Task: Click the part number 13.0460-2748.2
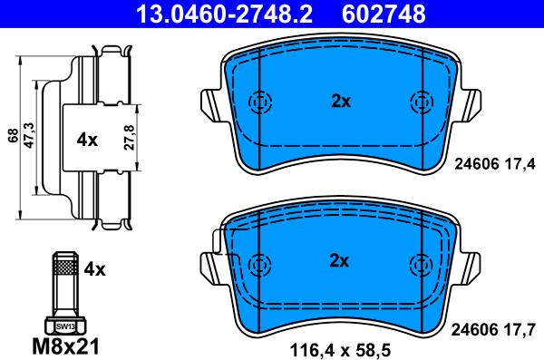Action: (225, 14)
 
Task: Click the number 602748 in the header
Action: (384, 14)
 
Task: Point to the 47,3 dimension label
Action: (29, 135)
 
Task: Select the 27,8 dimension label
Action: (129, 138)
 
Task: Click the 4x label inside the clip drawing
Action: (87, 140)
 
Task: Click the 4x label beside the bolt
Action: (94, 269)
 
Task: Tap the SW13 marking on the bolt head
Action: (65, 326)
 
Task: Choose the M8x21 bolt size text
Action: (66, 345)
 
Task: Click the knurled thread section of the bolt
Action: (65, 267)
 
